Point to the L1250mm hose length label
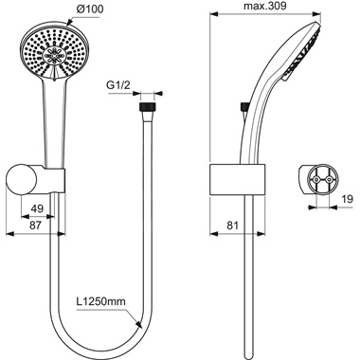pyautogui.click(x=101, y=303)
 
